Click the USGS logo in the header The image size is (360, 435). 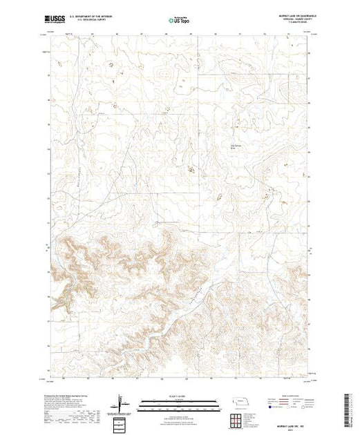[57, 21]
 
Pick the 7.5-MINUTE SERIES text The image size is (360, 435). [299, 24]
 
